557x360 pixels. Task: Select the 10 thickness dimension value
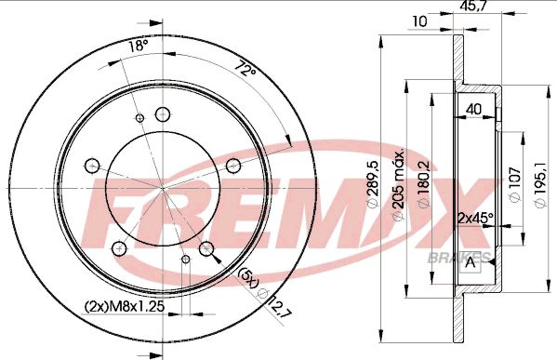point(419,19)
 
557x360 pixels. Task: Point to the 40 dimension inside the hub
point(474,109)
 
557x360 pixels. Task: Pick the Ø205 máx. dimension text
point(399,185)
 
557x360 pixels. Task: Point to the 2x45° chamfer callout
point(476,219)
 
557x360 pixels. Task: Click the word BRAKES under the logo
point(459,256)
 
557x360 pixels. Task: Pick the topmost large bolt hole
point(164,114)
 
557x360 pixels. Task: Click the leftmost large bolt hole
point(91,166)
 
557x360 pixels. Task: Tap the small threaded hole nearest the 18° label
point(140,117)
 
